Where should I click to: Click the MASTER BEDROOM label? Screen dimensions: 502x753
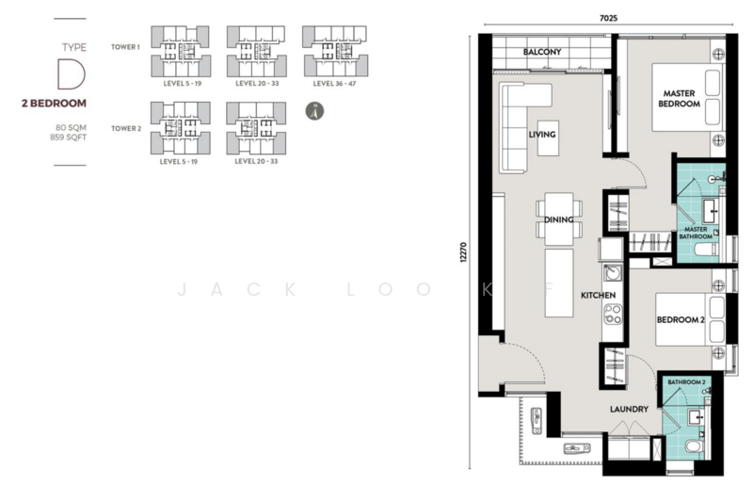680,99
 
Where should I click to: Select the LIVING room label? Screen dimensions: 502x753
542,135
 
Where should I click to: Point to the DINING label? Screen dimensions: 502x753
559,219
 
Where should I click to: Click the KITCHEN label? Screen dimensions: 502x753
598,296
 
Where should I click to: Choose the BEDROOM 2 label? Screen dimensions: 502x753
681,320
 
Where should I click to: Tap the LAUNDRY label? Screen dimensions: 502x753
628,409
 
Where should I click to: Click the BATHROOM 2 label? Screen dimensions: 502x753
686,382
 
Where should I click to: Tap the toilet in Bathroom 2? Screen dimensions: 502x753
694,445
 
